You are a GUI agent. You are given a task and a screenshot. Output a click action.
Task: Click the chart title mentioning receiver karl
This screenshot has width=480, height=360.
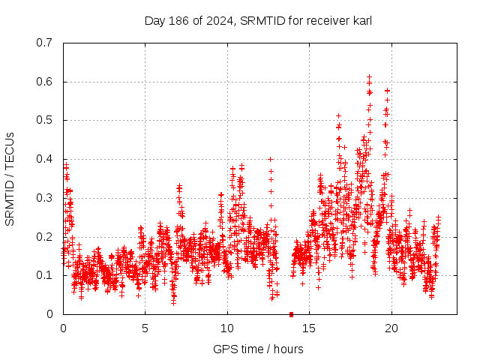tap(258, 20)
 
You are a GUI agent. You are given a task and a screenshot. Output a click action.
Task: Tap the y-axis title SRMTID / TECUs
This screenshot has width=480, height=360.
tap(10, 178)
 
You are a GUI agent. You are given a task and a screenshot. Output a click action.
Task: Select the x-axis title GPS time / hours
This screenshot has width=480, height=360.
tap(258, 349)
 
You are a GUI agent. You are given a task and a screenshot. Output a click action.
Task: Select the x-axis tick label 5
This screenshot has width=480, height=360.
tap(145, 328)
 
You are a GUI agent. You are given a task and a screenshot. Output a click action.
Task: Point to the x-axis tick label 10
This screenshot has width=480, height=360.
tap(227, 328)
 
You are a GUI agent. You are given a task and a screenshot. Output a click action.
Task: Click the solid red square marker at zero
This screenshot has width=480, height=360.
tap(291, 313)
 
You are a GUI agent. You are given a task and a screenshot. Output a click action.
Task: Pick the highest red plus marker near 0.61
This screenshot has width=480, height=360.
tap(369, 76)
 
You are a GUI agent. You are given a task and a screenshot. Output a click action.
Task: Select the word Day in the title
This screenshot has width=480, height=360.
tap(154, 20)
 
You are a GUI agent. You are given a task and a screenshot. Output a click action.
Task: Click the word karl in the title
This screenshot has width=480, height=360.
tap(360, 20)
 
